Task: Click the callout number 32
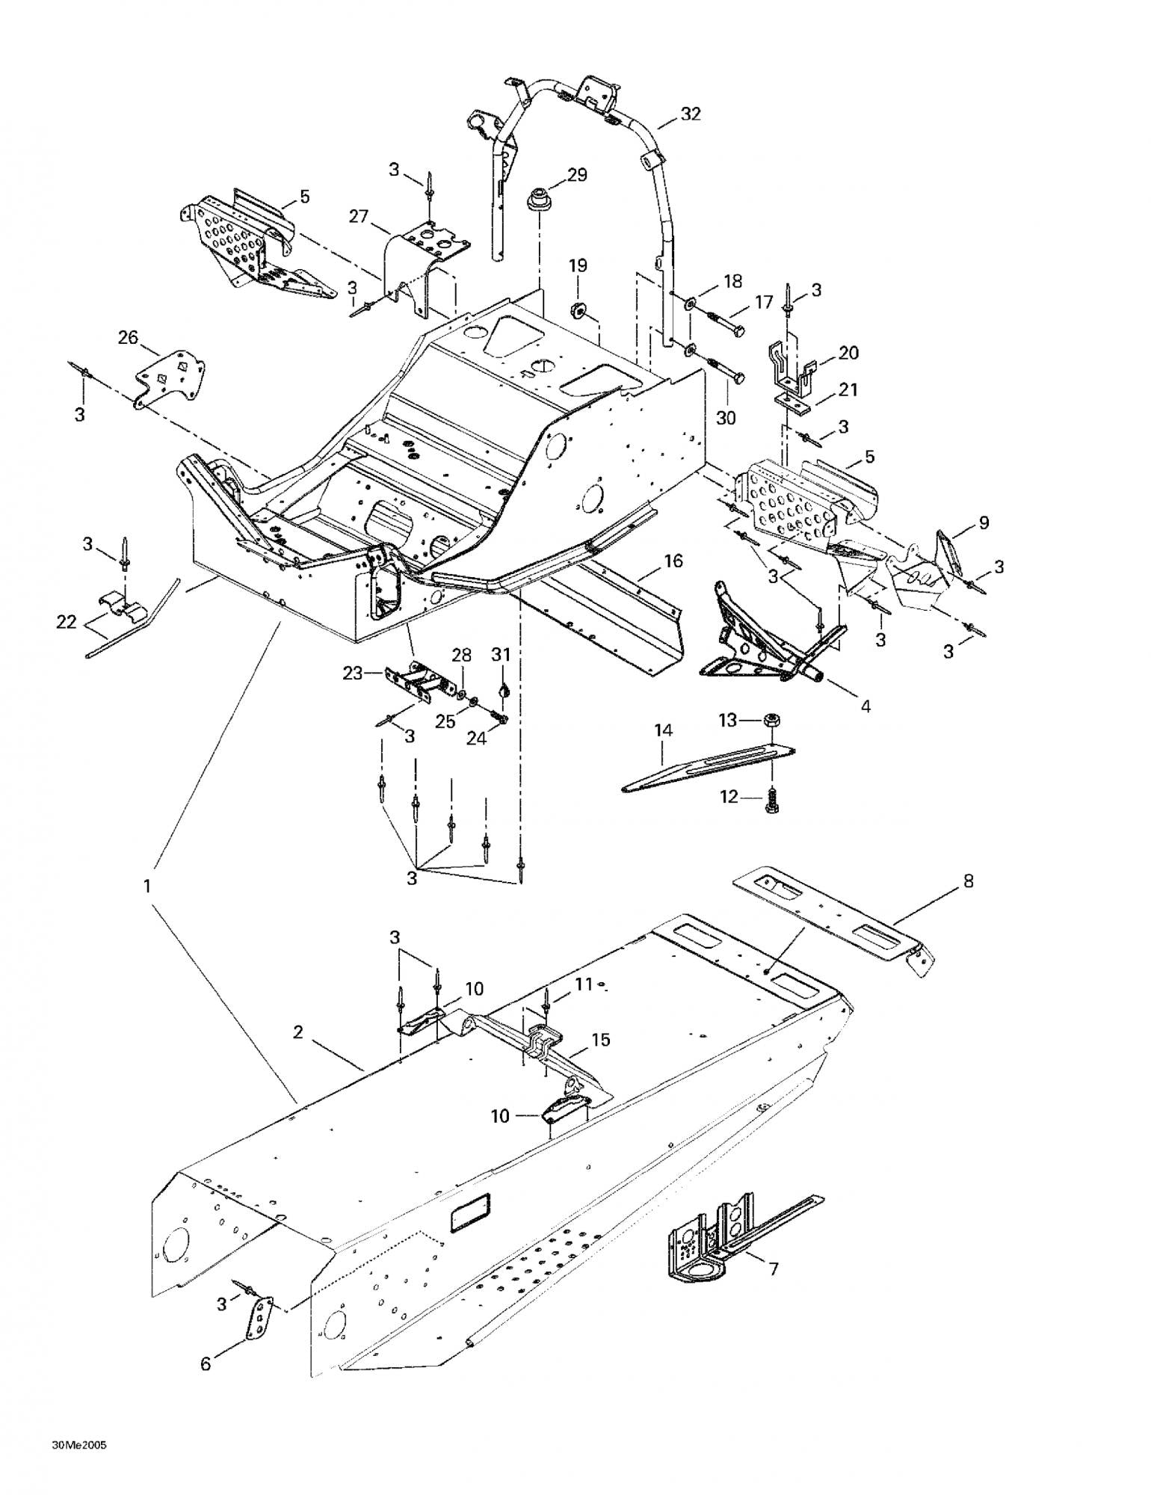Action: pyautogui.click(x=691, y=114)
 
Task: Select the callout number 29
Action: pyautogui.click(x=577, y=175)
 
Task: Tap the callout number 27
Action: pyautogui.click(x=359, y=217)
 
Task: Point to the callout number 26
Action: pyautogui.click(x=128, y=337)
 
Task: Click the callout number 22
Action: pyautogui.click(x=67, y=621)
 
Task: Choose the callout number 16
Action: pyautogui.click(x=673, y=561)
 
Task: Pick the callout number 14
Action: pyautogui.click(x=663, y=730)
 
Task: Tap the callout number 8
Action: pyautogui.click(x=969, y=881)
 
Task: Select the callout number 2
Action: pyautogui.click(x=298, y=1032)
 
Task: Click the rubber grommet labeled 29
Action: pyautogui.click(x=534, y=200)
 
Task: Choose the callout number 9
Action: pyautogui.click(x=984, y=523)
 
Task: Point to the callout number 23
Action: pyautogui.click(x=352, y=673)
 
